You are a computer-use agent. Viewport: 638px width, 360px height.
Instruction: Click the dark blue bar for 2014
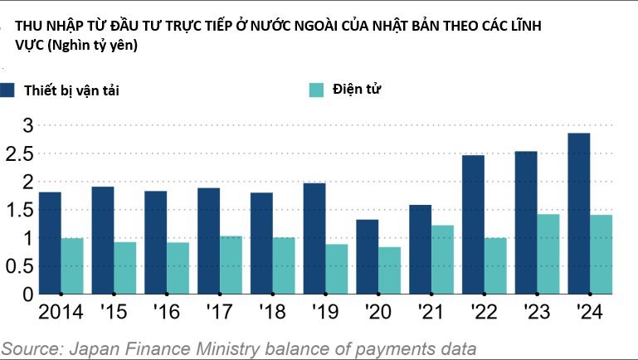tap(50, 243)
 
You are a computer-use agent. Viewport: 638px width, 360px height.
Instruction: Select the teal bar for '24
tap(601, 254)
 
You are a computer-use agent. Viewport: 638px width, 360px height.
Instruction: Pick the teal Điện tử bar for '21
tap(442, 259)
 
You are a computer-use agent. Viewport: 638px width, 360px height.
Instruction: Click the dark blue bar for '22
tap(474, 224)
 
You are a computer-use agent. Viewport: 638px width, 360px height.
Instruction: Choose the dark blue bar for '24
tap(578, 213)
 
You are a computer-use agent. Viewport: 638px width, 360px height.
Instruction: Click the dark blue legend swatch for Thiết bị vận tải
tap(8, 91)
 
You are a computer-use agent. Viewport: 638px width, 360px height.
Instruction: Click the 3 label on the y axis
tap(27, 125)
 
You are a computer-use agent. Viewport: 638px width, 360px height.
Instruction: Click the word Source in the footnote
tap(28, 348)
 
